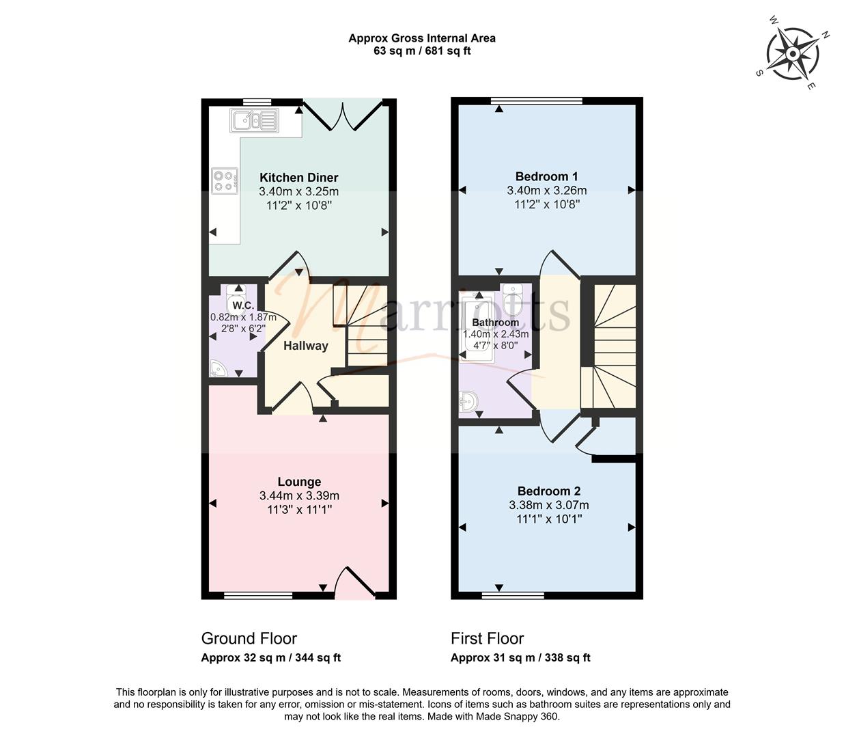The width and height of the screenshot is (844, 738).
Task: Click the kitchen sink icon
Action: (x=255, y=120)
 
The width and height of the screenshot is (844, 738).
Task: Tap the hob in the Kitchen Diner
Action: (x=225, y=181)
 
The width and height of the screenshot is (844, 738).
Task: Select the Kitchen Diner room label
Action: (x=299, y=178)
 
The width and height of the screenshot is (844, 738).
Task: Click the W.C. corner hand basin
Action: (x=219, y=368)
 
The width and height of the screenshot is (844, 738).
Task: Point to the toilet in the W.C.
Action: (x=236, y=299)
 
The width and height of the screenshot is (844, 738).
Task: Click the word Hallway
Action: (x=306, y=346)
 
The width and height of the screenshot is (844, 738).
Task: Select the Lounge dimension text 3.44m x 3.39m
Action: (x=299, y=495)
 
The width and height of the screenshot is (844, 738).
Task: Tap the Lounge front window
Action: (x=258, y=596)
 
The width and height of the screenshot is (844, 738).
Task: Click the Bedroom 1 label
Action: (x=546, y=176)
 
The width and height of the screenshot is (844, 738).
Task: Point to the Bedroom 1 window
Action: (x=536, y=100)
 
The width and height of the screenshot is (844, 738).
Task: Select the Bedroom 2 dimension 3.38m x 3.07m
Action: (x=549, y=505)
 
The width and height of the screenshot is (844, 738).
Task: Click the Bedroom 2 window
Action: (x=514, y=596)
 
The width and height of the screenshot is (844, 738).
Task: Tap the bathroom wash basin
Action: (x=468, y=401)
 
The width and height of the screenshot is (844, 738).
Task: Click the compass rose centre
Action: (x=792, y=54)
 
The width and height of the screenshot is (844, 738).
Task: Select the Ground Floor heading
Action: (x=249, y=638)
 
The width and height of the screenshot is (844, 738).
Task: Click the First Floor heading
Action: (x=487, y=638)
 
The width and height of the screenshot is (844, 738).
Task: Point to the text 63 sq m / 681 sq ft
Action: (x=422, y=51)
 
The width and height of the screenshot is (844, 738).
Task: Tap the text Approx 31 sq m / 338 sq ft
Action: (x=520, y=657)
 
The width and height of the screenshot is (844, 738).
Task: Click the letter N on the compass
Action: (x=826, y=35)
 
